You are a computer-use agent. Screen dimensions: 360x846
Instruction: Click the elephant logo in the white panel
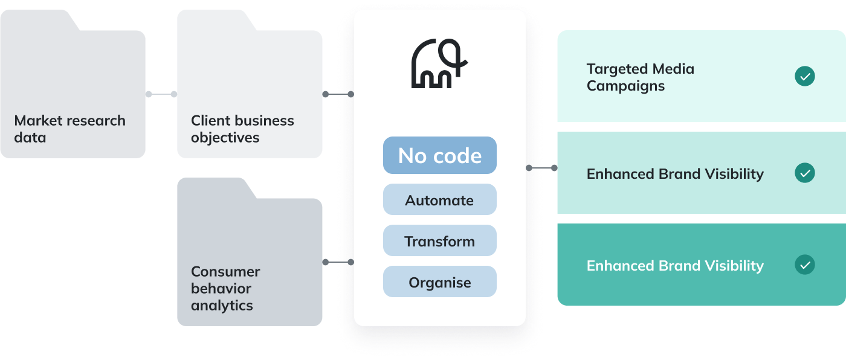click(x=439, y=64)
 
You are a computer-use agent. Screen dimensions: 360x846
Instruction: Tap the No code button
click(x=439, y=156)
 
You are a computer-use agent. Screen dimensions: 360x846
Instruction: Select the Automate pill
click(x=439, y=200)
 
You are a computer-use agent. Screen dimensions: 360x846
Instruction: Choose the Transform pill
click(x=439, y=241)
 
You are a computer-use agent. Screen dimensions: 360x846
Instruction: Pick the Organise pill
click(x=439, y=282)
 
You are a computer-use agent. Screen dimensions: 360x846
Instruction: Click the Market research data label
click(x=69, y=129)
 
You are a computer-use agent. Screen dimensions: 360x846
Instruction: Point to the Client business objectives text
click(x=242, y=129)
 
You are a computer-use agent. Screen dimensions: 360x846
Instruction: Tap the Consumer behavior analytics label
click(x=225, y=288)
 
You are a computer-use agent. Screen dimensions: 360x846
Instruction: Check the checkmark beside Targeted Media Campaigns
click(x=804, y=77)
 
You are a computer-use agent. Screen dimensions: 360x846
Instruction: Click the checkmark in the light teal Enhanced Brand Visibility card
click(x=804, y=173)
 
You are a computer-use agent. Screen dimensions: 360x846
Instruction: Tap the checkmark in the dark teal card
click(x=804, y=265)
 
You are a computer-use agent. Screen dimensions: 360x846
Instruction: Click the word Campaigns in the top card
click(x=625, y=86)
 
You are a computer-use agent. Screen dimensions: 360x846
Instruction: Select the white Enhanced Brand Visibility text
click(x=675, y=265)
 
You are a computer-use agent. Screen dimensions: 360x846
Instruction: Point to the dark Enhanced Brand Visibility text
click(x=675, y=174)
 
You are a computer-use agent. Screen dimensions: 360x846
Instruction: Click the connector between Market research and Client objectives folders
click(x=161, y=94)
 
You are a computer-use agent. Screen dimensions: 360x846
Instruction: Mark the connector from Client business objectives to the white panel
click(x=338, y=94)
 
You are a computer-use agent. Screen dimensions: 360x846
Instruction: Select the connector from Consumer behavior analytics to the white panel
click(x=338, y=262)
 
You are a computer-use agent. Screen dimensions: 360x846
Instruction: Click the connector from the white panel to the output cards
click(x=542, y=168)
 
